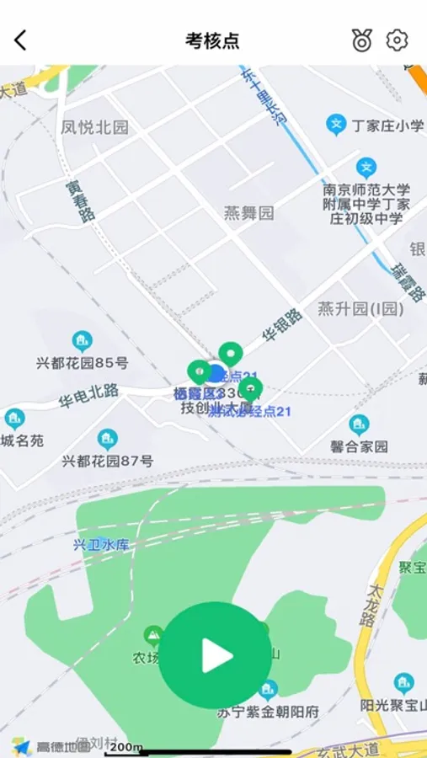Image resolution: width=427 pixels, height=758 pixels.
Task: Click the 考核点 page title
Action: click(x=212, y=40)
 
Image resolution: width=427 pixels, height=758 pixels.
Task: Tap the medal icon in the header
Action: click(x=362, y=40)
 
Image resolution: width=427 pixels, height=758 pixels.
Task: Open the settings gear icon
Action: click(x=397, y=40)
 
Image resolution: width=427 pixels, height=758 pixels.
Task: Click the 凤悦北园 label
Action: click(x=95, y=128)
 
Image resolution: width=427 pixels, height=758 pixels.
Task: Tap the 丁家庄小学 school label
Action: click(x=387, y=126)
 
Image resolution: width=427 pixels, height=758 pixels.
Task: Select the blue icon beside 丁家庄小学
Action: click(x=337, y=125)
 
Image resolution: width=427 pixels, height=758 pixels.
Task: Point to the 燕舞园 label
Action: click(x=249, y=213)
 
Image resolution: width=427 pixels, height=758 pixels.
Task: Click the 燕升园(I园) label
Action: click(x=360, y=309)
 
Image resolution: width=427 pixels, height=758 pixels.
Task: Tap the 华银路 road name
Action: click(x=282, y=324)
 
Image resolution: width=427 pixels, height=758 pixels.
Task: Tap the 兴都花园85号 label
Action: click(x=83, y=364)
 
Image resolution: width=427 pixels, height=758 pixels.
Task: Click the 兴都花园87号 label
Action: click(x=107, y=462)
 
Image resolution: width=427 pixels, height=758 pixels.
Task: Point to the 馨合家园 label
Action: click(x=359, y=447)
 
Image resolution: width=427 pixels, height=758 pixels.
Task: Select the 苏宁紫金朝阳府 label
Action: click(x=268, y=712)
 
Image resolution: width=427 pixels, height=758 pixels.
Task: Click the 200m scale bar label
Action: click(x=125, y=746)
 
